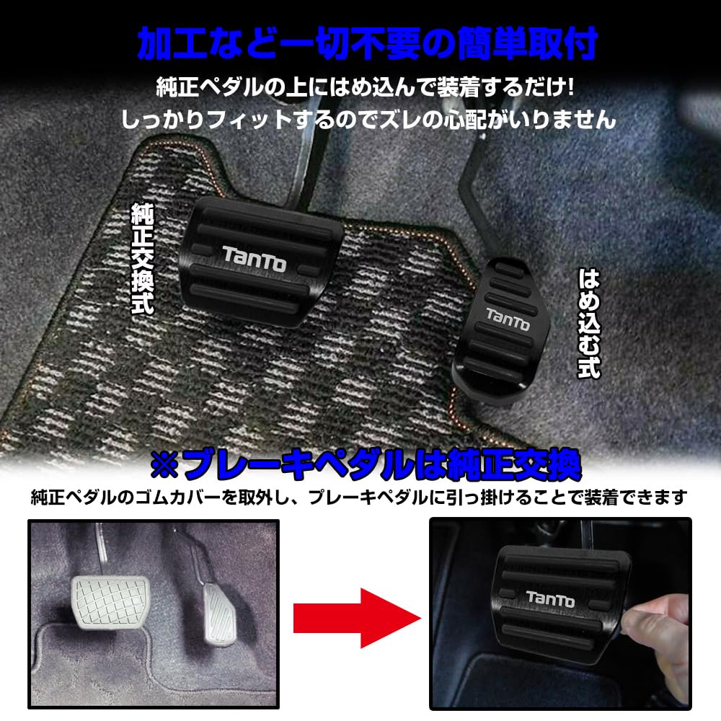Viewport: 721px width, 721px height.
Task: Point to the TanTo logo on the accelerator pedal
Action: (x=507, y=320)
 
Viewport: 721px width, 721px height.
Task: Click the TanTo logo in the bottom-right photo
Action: (x=550, y=598)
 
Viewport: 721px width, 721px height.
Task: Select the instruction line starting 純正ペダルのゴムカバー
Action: (x=359, y=497)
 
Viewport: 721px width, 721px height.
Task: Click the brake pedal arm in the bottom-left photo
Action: (x=101, y=548)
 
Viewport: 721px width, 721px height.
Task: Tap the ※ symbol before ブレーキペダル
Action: (x=165, y=467)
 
